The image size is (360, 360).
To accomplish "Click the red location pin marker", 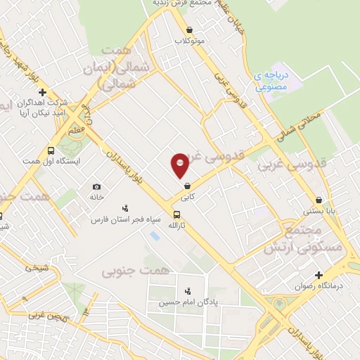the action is point(180,165).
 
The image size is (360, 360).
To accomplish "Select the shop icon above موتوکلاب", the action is point(190,30).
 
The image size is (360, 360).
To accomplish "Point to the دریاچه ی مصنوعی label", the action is point(271,82).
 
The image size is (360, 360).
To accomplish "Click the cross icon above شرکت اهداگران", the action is point(43,92).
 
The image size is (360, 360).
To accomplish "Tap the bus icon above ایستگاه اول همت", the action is point(51,150).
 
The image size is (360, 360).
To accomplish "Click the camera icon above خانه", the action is point(96,187).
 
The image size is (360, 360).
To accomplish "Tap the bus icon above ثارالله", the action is point(176,214).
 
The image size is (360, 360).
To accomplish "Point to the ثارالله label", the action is point(176,225).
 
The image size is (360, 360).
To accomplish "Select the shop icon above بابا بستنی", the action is point(319,200).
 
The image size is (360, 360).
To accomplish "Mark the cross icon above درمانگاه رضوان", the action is point(319,275).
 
